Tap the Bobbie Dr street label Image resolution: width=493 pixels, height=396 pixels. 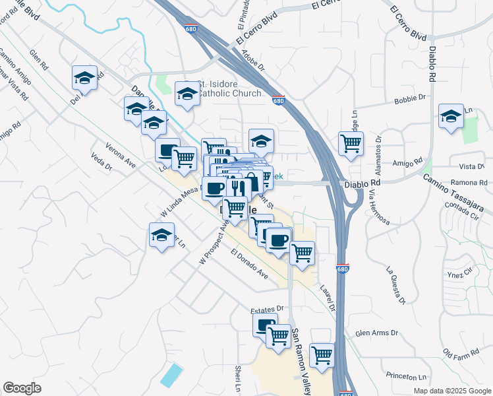tap(410, 100)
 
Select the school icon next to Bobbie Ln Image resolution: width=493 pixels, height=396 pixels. tap(451, 117)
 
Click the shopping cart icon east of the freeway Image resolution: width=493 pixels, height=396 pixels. tap(351, 143)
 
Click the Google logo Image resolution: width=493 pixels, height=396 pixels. tap(22, 388)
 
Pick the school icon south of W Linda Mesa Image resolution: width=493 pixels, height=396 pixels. tap(162, 236)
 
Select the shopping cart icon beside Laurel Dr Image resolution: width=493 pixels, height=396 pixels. tap(302, 253)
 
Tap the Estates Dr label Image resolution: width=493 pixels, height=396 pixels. tap(266, 308)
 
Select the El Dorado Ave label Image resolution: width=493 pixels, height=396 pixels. tap(249, 263)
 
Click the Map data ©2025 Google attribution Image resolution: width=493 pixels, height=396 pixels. tap(451, 390)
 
